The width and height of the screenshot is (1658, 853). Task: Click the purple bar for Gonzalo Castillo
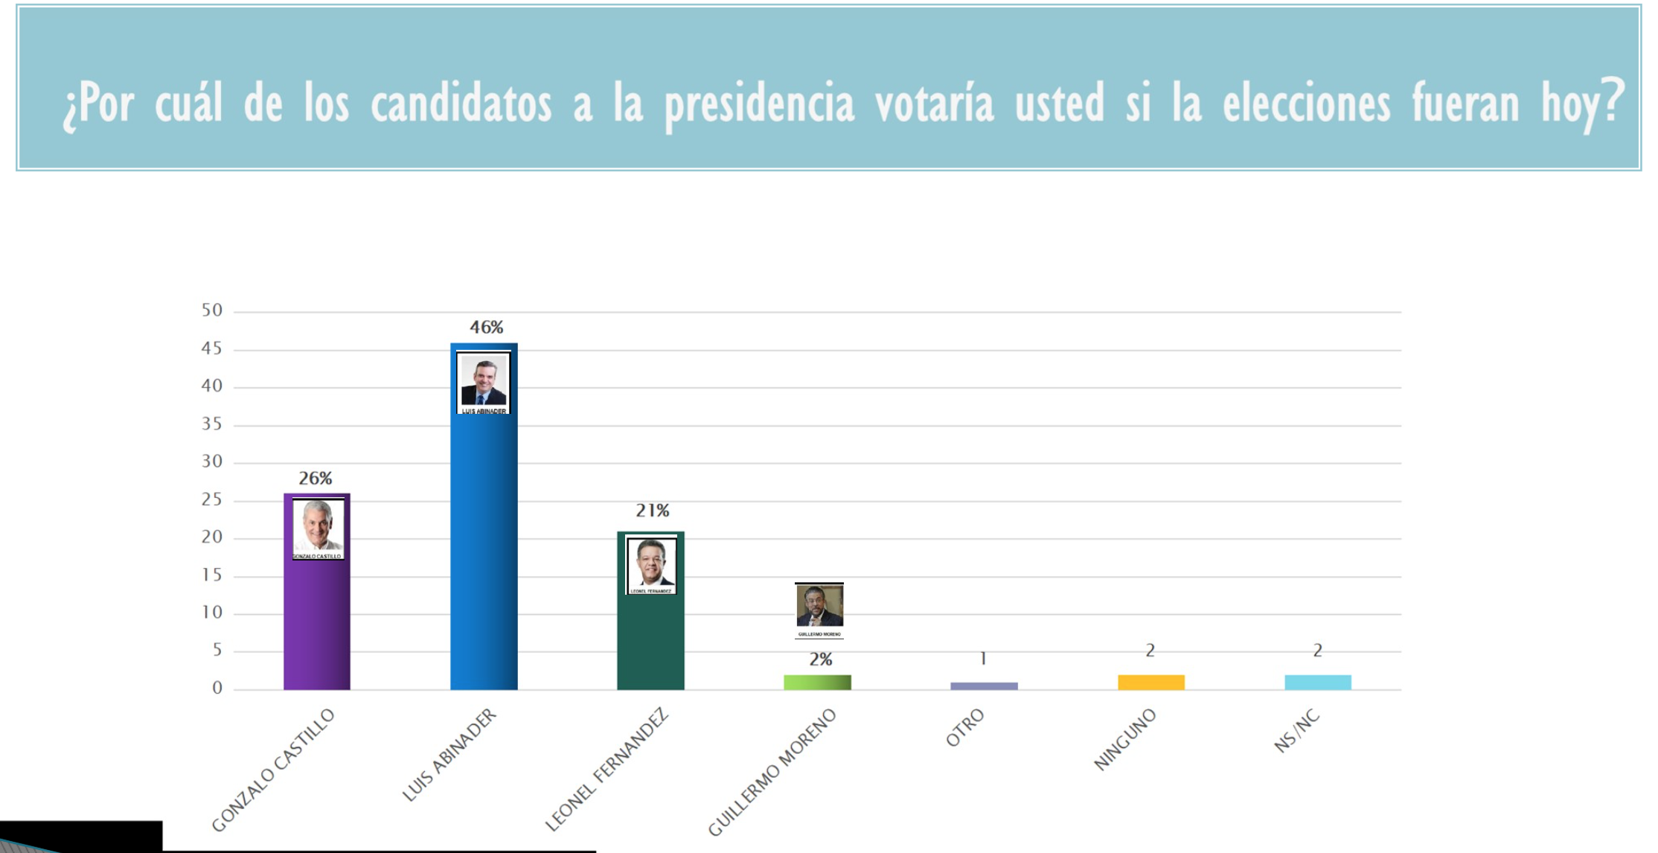pyautogui.click(x=316, y=625)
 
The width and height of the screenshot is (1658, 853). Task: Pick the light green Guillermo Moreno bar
pyautogui.click(x=817, y=682)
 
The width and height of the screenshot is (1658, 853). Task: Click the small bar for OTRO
pyautogui.click(x=984, y=686)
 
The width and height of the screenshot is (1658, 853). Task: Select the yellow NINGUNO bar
pyautogui.click(x=1150, y=682)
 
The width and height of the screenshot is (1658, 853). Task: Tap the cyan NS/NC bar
pyautogui.click(x=1317, y=682)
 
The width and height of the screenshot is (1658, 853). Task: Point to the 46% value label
pyautogui.click(x=486, y=328)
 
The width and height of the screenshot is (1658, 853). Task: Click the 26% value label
pyautogui.click(x=316, y=479)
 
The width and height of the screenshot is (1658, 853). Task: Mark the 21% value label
pyautogui.click(x=652, y=511)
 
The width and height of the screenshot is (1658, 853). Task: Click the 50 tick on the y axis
pyautogui.click(x=212, y=310)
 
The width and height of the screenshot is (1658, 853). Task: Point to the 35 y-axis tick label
pyautogui.click(x=212, y=424)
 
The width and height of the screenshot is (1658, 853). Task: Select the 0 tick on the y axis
pyautogui.click(x=217, y=689)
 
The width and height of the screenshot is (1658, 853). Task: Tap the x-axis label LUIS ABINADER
pyautogui.click(x=449, y=755)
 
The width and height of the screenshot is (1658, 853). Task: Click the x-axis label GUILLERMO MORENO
pyautogui.click(x=772, y=772)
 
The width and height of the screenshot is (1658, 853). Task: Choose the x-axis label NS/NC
pyautogui.click(x=1297, y=731)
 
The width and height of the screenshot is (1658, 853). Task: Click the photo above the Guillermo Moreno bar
pyautogui.click(x=819, y=607)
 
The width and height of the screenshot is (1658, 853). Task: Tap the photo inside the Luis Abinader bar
pyautogui.click(x=484, y=381)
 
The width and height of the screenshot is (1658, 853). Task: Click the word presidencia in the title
pyautogui.click(x=759, y=104)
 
